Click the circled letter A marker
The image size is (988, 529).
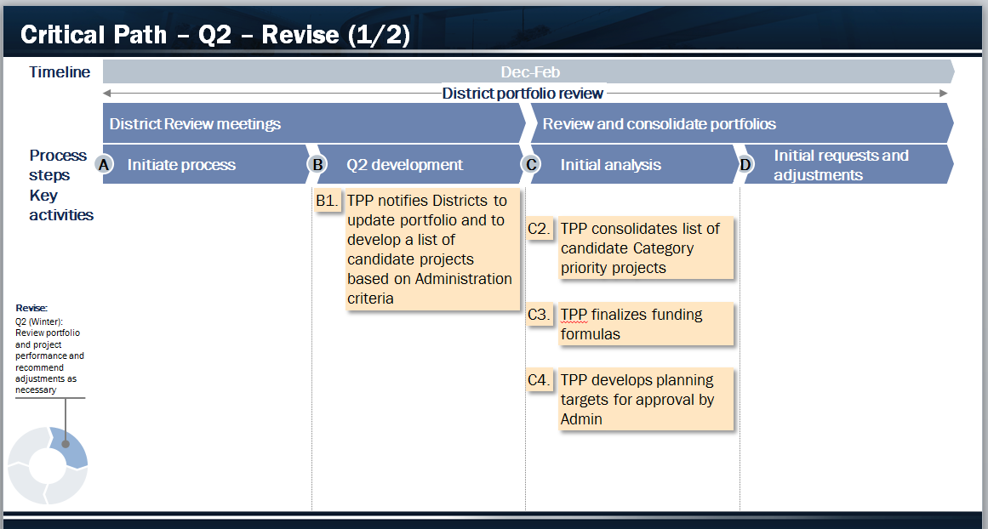[x=103, y=165]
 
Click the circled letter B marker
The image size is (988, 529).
[x=317, y=165]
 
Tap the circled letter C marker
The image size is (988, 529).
[x=531, y=165]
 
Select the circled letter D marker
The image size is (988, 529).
[x=745, y=165]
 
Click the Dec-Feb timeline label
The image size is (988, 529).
[x=530, y=72]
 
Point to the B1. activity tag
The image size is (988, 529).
[x=328, y=201]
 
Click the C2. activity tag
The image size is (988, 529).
[x=540, y=229]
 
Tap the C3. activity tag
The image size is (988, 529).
[x=540, y=314]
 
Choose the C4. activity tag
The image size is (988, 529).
[x=540, y=380]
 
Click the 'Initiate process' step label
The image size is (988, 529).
[x=181, y=165]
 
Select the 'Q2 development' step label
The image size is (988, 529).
[x=404, y=165]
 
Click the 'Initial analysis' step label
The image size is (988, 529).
[x=610, y=165]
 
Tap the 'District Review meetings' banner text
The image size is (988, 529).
[x=196, y=123]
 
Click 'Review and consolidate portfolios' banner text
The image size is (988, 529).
[x=659, y=123]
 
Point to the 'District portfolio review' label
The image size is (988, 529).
[x=523, y=94]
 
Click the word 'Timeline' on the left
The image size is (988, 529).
[x=60, y=71]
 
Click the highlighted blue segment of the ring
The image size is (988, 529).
[x=72, y=447]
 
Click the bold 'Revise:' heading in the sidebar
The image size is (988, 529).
[x=31, y=308]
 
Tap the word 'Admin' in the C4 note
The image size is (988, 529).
[x=581, y=418]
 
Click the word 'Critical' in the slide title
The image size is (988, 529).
[x=64, y=34]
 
